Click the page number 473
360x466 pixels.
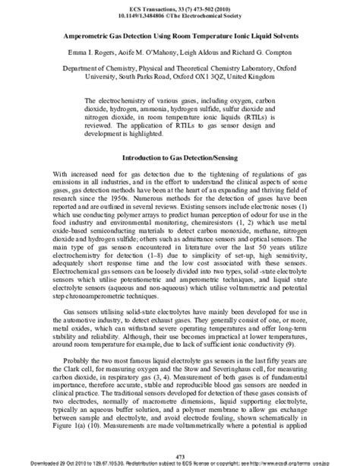coord(180,454)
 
